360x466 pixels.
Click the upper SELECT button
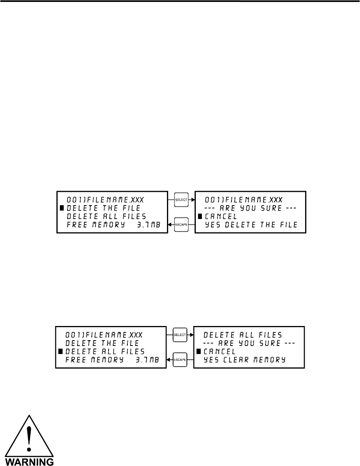pyautogui.click(x=182, y=199)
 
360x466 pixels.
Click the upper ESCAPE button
pyautogui.click(x=182, y=224)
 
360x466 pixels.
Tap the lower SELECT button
pyautogui.click(x=180, y=335)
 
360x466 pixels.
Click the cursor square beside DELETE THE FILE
pyautogui.click(x=62, y=208)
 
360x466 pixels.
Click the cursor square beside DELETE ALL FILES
pyautogui.click(x=60, y=351)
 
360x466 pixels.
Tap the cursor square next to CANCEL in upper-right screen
pyautogui.click(x=200, y=216)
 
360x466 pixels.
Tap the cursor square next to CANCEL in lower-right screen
pyautogui.click(x=198, y=351)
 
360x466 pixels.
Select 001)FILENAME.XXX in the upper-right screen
pyautogui.click(x=243, y=199)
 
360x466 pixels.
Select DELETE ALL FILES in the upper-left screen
pyautogui.click(x=106, y=216)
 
